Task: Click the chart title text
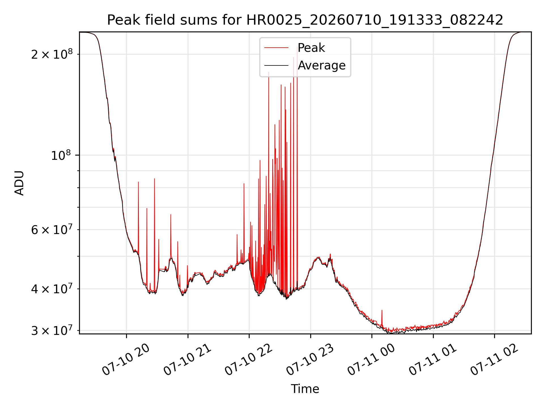[x=305, y=20]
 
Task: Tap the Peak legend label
[x=311, y=48]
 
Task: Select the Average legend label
[x=322, y=65]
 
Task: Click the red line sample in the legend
[x=277, y=48]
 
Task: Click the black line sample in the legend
[x=277, y=65]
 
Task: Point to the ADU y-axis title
[x=19, y=183]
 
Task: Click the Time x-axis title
[x=305, y=389]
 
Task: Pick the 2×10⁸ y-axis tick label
[x=52, y=54]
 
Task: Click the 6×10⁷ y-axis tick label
[x=52, y=229]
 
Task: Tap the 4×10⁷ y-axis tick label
[x=52, y=289]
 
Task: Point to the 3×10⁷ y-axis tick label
[x=52, y=330]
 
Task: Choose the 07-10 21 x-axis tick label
[x=187, y=360]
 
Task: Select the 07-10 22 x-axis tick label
[x=248, y=360]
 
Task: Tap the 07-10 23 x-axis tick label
[x=310, y=360]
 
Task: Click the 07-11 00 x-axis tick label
[x=371, y=360]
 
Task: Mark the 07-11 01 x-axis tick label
[x=433, y=360]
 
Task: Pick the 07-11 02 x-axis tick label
[x=494, y=360]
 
